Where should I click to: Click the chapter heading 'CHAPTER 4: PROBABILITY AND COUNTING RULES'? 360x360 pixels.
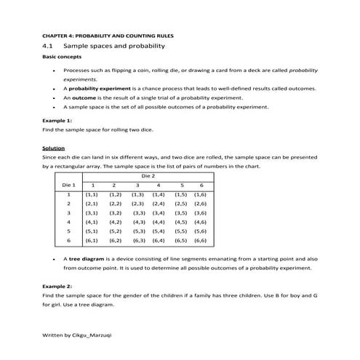tap(107, 35)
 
